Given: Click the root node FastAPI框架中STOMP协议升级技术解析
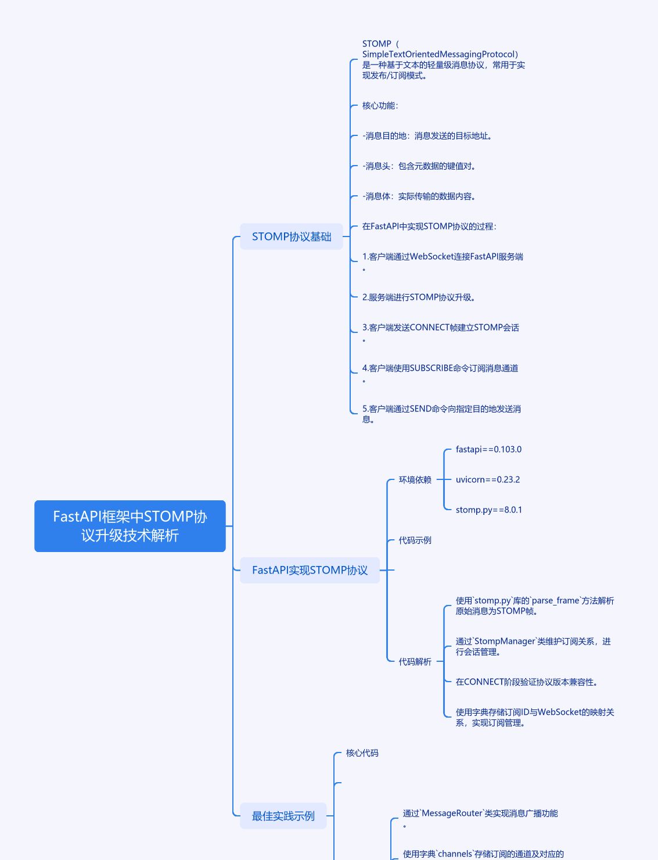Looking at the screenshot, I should coord(130,526).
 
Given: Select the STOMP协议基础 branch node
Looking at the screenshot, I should coord(292,236).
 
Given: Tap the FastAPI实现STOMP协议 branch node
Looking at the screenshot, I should coord(310,570).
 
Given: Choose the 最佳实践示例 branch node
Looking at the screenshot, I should coord(283,816).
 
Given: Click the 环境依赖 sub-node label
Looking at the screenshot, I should coord(415,480).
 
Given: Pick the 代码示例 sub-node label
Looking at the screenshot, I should coord(415,540).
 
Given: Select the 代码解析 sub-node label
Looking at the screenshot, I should coord(415,662).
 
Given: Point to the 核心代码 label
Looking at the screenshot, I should coord(362,753).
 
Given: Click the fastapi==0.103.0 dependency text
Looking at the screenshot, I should coord(488,450).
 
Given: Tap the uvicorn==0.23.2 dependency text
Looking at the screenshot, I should coord(488,480).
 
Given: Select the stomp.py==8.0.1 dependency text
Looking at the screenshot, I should coord(489,510).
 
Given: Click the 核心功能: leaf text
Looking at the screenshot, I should coord(380,106).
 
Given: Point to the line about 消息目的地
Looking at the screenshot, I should coord(427,136).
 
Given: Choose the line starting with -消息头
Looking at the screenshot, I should coord(419,166).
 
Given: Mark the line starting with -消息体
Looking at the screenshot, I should coord(419,196).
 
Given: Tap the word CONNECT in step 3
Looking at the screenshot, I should coord(429,328).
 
